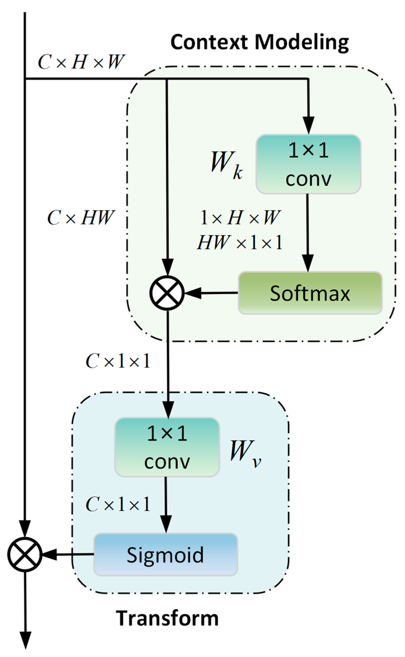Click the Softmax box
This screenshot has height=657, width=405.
click(x=310, y=293)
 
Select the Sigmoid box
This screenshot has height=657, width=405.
click(x=165, y=554)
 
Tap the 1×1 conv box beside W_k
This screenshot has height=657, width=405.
click(x=308, y=164)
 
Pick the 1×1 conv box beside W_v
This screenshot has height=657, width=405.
click(x=167, y=447)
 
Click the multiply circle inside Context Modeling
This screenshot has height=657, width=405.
click(x=167, y=293)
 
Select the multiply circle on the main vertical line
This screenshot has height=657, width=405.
click(x=25, y=554)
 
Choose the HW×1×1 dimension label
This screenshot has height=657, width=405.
click(x=240, y=242)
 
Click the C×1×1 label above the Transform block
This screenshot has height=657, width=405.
click(x=118, y=361)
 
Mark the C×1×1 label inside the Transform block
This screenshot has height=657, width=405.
click(x=118, y=504)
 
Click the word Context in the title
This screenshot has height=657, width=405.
click(x=209, y=42)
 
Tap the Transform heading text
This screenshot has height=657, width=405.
click(x=167, y=618)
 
